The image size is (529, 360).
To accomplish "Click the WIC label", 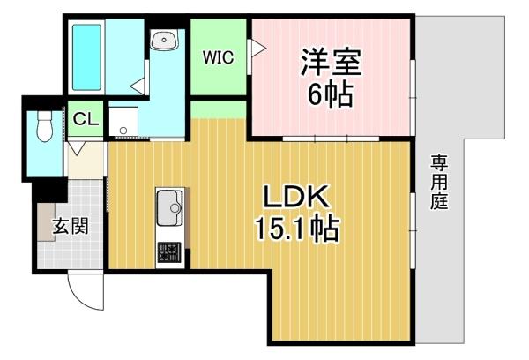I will tap(218, 58).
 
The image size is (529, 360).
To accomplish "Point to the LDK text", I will tap(295, 196).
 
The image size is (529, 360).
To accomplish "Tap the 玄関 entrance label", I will tap(71, 226).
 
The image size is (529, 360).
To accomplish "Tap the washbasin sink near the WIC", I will tap(165, 41).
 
